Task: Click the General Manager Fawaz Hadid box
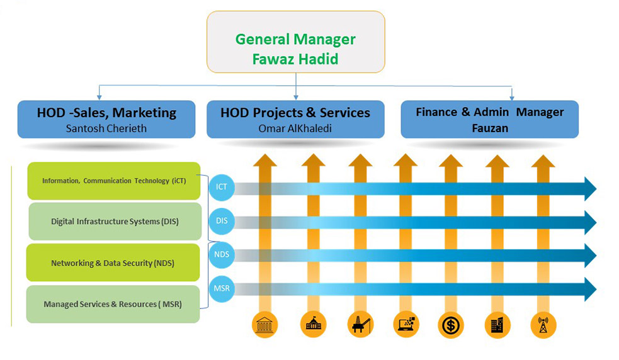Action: click(296, 42)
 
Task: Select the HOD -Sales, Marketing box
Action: click(106, 119)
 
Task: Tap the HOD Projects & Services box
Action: click(295, 119)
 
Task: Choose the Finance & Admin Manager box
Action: click(489, 119)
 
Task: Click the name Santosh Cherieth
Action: click(106, 128)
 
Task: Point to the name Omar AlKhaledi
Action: click(295, 128)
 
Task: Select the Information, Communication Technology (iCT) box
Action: click(114, 181)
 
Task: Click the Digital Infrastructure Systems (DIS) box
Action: click(115, 222)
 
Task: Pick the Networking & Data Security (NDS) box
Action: click(113, 262)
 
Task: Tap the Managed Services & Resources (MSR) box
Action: click(113, 305)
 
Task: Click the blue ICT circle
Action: click(222, 187)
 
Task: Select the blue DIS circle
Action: click(222, 221)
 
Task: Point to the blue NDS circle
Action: click(222, 255)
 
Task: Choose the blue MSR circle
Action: click(222, 288)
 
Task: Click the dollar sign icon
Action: click(451, 325)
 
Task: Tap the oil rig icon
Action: click(360, 325)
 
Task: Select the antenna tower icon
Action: click(543, 325)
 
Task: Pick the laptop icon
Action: click(406, 325)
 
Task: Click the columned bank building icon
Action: click(265, 325)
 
